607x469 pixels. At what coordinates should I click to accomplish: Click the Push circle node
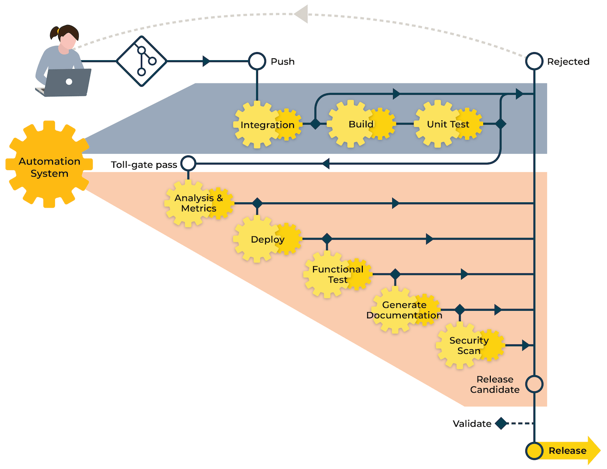(257, 61)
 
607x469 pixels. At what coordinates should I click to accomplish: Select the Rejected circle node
(534, 61)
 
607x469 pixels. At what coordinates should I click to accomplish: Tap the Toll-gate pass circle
(188, 163)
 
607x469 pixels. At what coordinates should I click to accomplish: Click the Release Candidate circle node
(534, 384)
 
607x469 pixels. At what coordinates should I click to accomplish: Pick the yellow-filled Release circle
(534, 451)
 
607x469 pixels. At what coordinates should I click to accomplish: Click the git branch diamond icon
(141, 61)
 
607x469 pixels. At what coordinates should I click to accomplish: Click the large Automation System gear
(49, 164)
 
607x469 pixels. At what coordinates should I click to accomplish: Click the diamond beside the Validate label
(501, 424)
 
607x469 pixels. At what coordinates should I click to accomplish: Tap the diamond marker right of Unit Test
(500, 124)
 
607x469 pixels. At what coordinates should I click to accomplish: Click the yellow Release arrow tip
(595, 451)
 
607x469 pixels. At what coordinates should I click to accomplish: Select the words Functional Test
(338, 274)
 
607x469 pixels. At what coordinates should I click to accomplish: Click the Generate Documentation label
(404, 310)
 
